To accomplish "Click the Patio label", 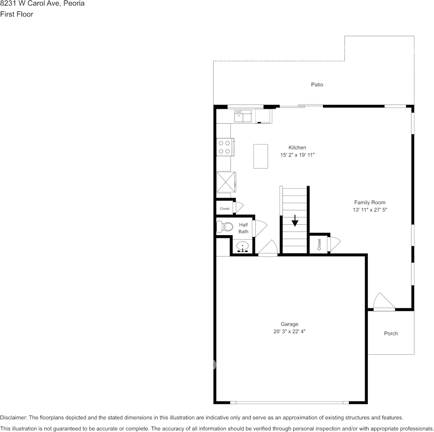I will click(x=317, y=84).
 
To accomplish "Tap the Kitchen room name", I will click(x=297, y=148).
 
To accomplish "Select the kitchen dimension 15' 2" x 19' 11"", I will click(x=297, y=155).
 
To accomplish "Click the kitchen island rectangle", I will click(x=261, y=156).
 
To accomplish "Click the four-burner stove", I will click(x=224, y=147).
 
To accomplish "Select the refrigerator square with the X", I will click(x=225, y=182).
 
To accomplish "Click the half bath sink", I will click(x=243, y=247).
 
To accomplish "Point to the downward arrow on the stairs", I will click(x=295, y=221).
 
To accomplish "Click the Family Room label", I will click(x=370, y=202).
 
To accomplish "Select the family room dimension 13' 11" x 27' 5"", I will click(x=370, y=210).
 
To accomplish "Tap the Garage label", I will click(x=289, y=324).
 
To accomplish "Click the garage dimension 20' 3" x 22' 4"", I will click(x=289, y=332).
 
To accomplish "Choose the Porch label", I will click(x=391, y=333).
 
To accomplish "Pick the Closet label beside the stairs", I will click(x=319, y=244).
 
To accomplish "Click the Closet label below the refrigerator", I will click(x=224, y=209).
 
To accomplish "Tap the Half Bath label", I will click(x=243, y=228).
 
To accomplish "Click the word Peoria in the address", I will click(x=74, y=4).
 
